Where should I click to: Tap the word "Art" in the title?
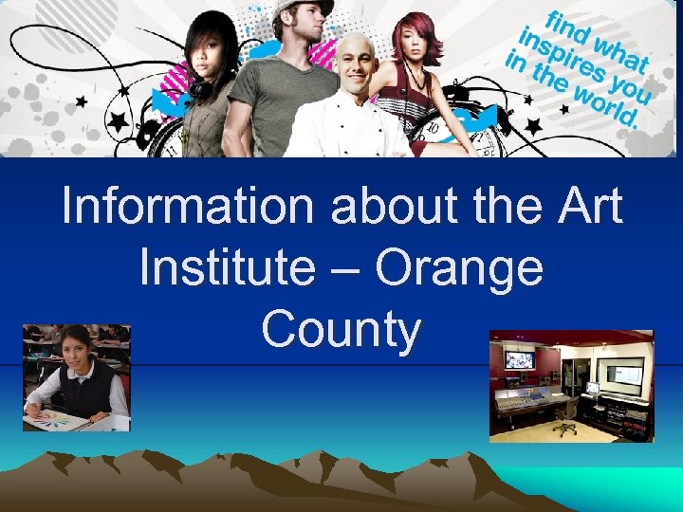point(582,207)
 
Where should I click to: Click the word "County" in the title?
point(341,331)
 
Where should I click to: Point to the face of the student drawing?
point(76,350)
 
